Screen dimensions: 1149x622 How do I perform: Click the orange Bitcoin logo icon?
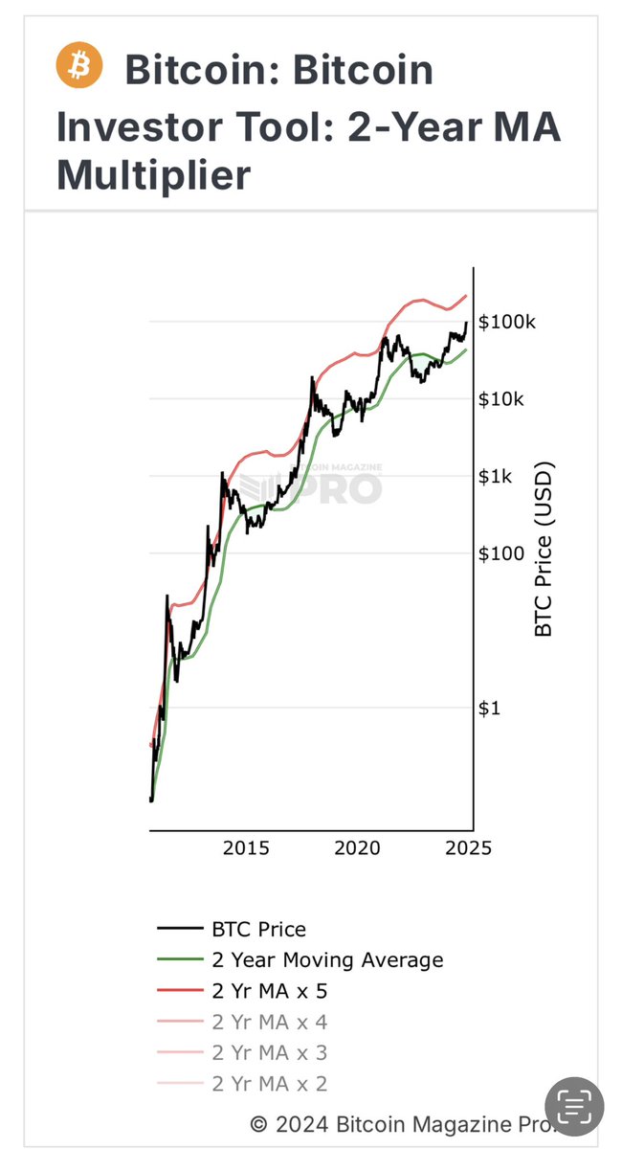[78, 66]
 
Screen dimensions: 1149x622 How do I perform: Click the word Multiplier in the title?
[154, 175]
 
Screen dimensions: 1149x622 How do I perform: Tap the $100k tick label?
[507, 322]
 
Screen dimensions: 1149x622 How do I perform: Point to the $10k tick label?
[501, 399]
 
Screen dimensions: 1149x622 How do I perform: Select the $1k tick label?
[496, 476]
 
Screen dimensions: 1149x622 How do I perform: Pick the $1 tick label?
[490, 708]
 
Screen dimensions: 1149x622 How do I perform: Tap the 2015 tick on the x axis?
[246, 847]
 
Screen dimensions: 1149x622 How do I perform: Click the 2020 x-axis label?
[358, 847]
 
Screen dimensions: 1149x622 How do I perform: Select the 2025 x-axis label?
[469, 847]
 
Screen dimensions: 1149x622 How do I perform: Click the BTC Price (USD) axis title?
[544, 551]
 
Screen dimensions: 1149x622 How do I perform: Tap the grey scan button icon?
[574, 1109]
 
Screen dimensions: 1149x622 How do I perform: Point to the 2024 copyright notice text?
[408, 1123]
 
